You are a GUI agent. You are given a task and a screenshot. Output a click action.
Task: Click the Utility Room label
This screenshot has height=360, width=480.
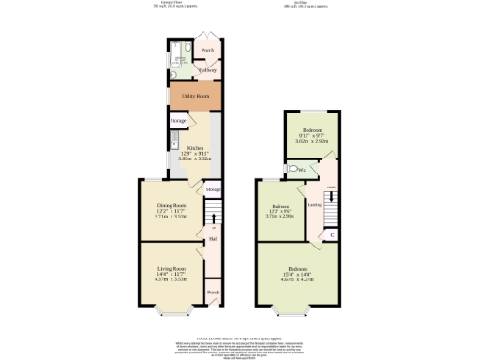tap(195, 97)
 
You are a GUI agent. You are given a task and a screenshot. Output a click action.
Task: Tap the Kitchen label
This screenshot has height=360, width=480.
tap(195, 148)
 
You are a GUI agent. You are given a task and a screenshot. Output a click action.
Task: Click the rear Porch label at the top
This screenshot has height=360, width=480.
tap(207, 50)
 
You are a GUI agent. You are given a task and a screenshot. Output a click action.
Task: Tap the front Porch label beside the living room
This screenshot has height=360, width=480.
tap(213, 292)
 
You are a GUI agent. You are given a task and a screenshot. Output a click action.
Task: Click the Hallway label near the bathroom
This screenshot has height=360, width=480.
tap(207, 70)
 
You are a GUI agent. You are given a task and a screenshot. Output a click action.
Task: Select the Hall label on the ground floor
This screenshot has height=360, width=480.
tap(213, 239)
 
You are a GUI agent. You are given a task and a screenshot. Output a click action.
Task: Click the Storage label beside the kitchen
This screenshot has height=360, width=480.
tap(178, 121)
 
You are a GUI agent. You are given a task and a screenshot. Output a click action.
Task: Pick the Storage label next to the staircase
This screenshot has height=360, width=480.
tap(214, 190)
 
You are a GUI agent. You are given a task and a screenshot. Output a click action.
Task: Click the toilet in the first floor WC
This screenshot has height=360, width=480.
tap(295, 170)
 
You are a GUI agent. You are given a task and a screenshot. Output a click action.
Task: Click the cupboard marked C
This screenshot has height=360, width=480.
tap(331, 233)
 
